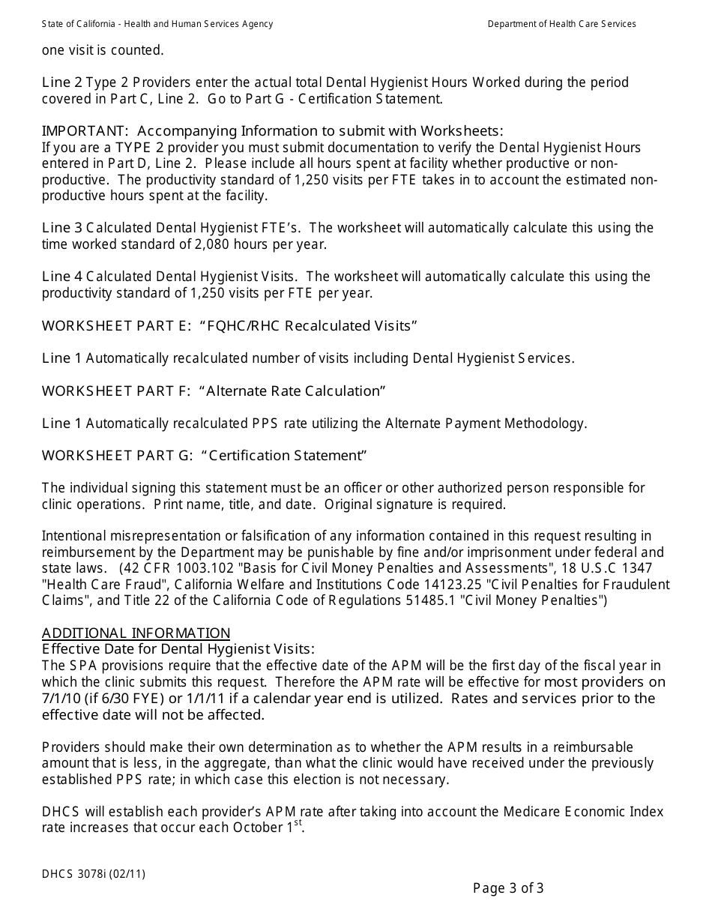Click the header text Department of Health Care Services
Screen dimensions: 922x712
coord(561,24)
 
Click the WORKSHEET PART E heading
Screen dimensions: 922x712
coord(229,325)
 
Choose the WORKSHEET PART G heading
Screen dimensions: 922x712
coord(205,456)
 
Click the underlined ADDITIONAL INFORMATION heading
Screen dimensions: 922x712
coord(136,633)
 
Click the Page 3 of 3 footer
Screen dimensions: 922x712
coord(508,889)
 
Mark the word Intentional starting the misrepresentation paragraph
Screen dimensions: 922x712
coord(73,536)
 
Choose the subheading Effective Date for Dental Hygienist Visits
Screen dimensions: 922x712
coord(178,649)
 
